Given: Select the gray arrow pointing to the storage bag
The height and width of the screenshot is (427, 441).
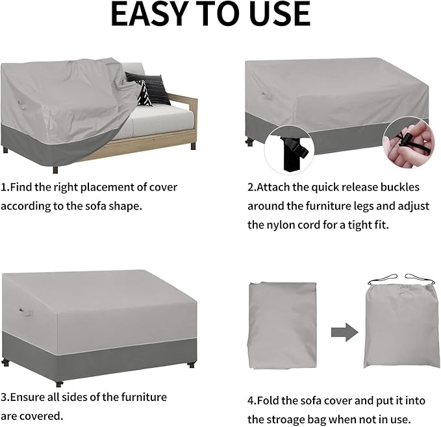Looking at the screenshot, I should (x=344, y=333).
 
